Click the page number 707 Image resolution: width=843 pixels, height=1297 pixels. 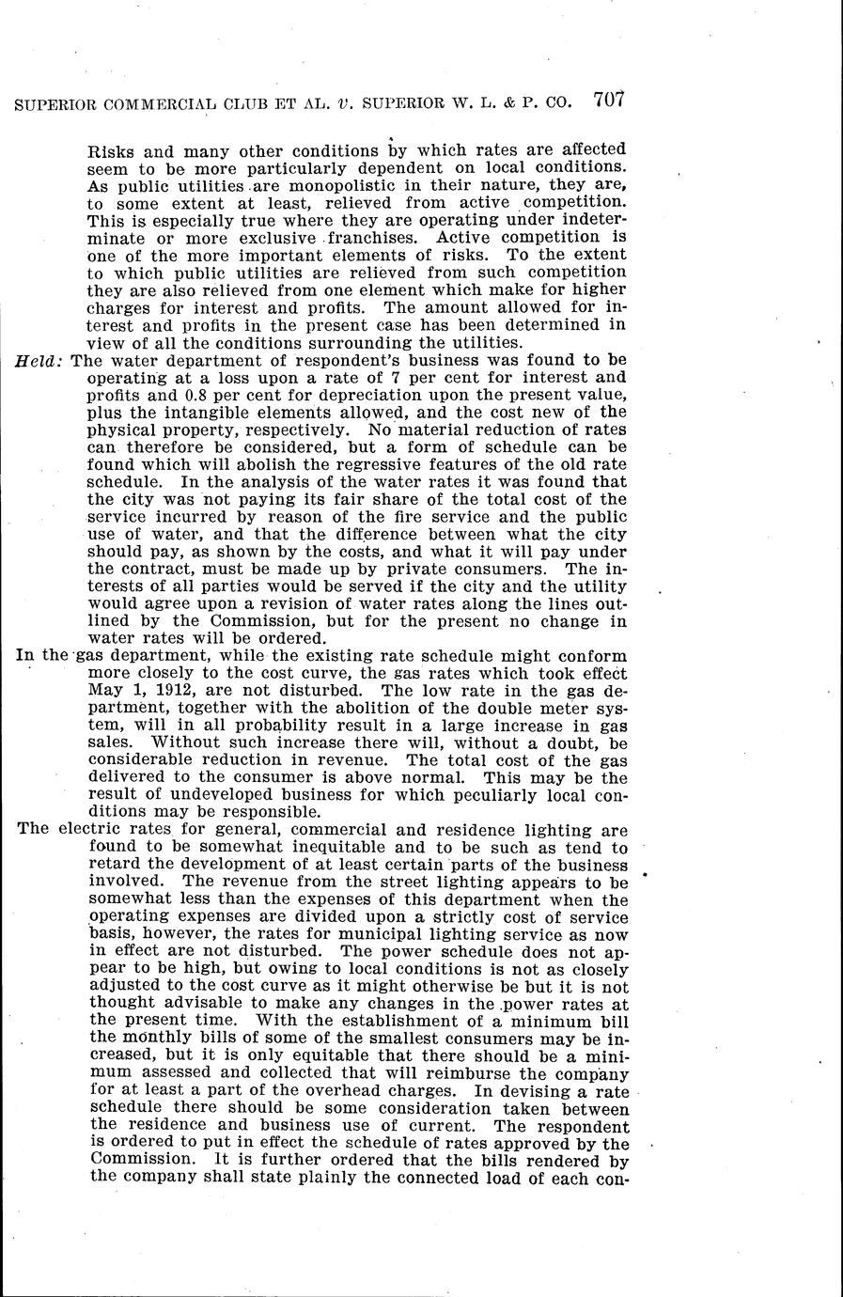(609, 100)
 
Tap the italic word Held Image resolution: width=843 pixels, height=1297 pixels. (40, 360)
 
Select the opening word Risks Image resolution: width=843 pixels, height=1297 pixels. (111, 150)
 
